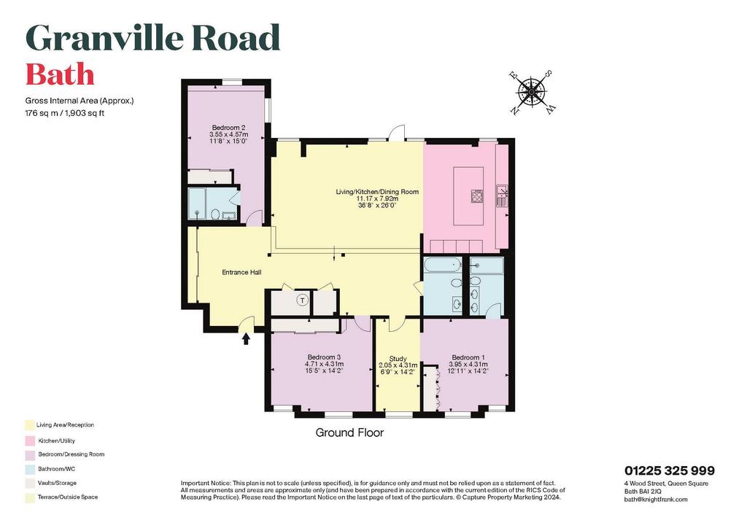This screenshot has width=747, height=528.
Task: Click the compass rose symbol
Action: click(531, 93)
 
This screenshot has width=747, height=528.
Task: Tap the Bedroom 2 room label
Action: click(228, 128)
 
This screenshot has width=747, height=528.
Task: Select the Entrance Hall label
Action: click(241, 272)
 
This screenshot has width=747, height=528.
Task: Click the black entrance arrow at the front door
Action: click(246, 338)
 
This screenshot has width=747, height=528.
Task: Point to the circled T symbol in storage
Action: click(302, 300)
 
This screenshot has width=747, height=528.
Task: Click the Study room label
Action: click(398, 359)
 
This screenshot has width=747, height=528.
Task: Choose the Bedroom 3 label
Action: click(324, 357)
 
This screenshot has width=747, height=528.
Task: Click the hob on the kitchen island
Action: click(477, 196)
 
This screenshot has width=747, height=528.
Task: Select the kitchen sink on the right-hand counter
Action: click(502, 196)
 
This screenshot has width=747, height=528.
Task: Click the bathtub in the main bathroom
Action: click(443, 265)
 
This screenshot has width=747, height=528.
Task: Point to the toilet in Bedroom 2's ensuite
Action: click(215, 214)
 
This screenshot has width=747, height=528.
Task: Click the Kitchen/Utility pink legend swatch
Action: click(30, 441)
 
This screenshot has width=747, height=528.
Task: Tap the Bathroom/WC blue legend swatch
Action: click(30, 469)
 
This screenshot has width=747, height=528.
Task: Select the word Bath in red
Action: click(60, 74)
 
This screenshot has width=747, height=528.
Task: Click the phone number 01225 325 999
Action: click(670, 471)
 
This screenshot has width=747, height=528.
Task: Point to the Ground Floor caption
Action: click(349, 432)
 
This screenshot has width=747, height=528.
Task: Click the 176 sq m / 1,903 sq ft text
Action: click(65, 113)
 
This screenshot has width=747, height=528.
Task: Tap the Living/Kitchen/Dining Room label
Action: click(377, 192)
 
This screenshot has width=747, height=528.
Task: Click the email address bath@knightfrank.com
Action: click(656, 500)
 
